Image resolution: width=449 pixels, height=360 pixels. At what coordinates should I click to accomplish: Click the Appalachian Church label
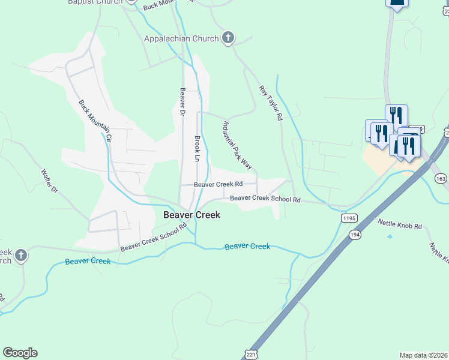point(181,39)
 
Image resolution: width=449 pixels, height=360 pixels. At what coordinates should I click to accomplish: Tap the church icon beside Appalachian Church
point(228,39)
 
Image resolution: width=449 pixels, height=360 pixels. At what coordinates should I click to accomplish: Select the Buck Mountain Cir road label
point(95,121)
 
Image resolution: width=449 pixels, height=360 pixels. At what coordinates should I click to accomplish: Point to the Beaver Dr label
point(182,103)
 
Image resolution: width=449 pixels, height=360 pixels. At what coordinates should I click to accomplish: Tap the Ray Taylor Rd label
point(271,103)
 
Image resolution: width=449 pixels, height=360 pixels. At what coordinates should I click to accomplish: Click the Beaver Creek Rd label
point(218,185)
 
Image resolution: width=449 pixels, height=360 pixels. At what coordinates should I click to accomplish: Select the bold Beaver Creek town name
point(192,215)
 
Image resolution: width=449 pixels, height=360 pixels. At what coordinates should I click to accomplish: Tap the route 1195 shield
point(350,218)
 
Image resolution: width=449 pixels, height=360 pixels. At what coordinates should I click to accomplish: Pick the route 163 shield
point(441,178)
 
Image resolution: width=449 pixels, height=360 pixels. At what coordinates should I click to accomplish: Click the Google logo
point(20,353)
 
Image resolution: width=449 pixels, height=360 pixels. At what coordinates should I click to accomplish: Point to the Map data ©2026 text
point(424,355)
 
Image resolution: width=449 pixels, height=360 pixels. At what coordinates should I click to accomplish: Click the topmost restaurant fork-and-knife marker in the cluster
point(396,115)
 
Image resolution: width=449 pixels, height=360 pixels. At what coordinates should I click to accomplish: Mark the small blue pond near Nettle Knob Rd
point(390,236)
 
